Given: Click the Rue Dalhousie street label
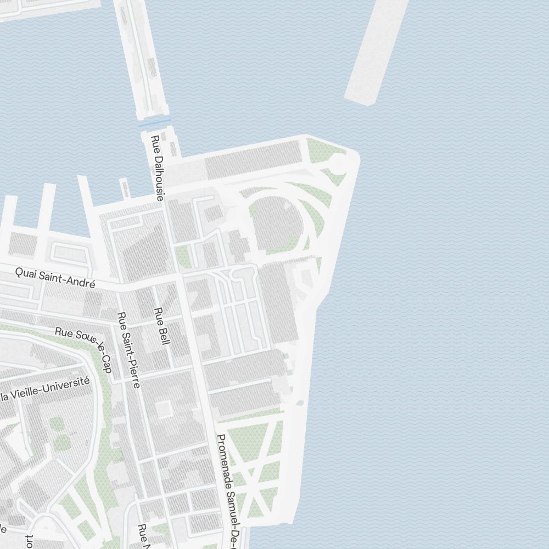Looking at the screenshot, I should pyautogui.click(x=158, y=168).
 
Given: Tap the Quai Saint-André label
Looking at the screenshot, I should pyautogui.click(x=55, y=277).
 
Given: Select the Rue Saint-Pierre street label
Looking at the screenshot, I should pyautogui.click(x=128, y=350).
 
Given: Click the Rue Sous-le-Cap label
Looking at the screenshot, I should pyautogui.click(x=84, y=349).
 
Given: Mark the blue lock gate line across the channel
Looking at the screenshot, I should pyautogui.click(x=154, y=122).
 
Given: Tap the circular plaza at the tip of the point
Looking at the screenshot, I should pyautogui.click(x=339, y=163).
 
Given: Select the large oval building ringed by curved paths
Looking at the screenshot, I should pyautogui.click(x=278, y=223).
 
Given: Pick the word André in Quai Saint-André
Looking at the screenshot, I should pyautogui.click(x=80, y=281).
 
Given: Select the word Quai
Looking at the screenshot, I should pyautogui.click(x=25, y=272).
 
